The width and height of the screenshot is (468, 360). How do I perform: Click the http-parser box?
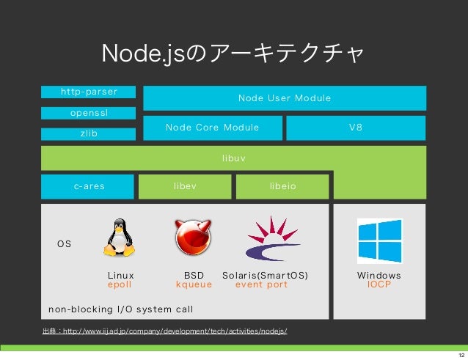[89, 92]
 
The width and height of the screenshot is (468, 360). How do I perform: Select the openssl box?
[89, 113]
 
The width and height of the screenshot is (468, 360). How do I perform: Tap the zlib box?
[89, 134]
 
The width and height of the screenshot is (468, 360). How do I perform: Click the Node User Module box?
[284, 98]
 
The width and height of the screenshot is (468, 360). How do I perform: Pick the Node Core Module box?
[212, 128]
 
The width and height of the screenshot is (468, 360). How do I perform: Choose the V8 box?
[356, 128]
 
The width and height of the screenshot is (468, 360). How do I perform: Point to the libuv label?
[233, 157]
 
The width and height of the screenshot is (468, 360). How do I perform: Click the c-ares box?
[89, 186]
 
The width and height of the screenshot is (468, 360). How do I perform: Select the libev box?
[185, 186]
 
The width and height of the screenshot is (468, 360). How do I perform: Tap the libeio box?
[282, 186]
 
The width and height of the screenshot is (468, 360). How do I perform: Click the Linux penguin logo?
[120, 238]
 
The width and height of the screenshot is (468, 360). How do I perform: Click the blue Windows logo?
[379, 241]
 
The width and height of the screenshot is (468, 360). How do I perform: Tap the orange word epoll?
[120, 284]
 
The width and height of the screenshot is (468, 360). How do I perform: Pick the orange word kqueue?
[194, 284]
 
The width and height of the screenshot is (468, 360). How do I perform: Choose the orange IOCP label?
[379, 284]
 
